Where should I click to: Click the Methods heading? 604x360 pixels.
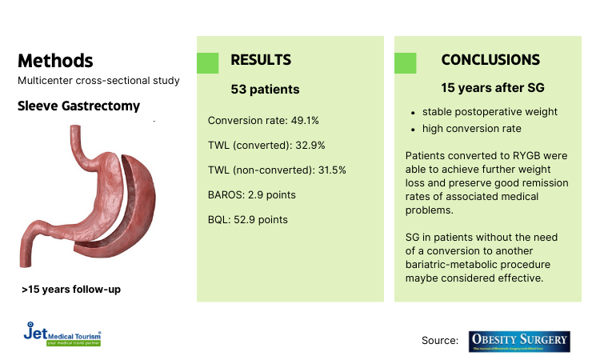[55, 61]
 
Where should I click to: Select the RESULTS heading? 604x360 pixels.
[261, 61]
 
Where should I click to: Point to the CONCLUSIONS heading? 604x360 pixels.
[490, 61]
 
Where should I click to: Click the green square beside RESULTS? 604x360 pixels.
[207, 63]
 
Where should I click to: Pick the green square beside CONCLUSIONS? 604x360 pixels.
[405, 63]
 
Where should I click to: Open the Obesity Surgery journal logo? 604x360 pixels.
[520, 341]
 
